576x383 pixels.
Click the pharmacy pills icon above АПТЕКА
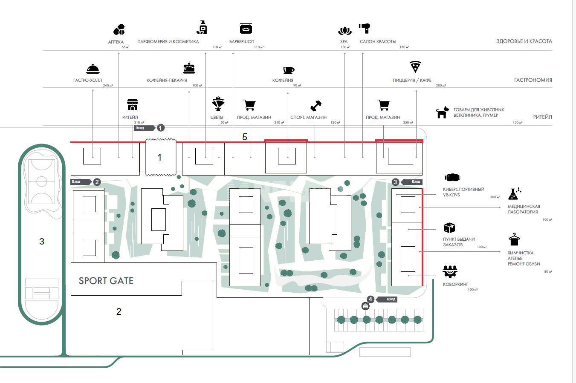pos(119,30)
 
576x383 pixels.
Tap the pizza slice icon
pos(415,67)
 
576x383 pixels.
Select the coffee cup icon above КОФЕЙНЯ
pos(289,70)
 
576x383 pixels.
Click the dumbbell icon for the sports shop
pos(316,105)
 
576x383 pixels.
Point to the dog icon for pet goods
pos(443,112)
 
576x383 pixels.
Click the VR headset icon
pos(452,177)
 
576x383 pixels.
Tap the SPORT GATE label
pos(106,281)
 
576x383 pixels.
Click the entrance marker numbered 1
pos(160,128)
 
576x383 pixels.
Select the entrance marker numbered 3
pos(395,182)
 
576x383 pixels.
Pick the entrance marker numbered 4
pos(370,299)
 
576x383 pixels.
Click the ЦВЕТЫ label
pos(217,117)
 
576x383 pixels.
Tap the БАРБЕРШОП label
pos(242,42)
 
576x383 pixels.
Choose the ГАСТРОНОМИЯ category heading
pos(533,80)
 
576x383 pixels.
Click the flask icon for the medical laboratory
pos(514,194)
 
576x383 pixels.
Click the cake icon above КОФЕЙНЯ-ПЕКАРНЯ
pos(189,67)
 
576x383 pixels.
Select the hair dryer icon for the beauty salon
pos(364,29)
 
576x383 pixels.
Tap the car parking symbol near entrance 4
pos(365,306)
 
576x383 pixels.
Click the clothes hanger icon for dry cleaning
pos(515,239)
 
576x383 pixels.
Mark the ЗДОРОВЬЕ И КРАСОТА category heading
pos(524,41)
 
